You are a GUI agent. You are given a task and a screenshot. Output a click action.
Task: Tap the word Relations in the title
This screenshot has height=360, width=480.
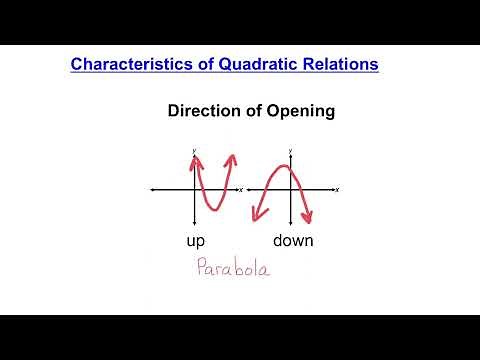pos(336,64)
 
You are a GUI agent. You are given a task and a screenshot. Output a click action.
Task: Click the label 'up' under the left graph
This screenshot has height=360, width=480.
pos(197,241)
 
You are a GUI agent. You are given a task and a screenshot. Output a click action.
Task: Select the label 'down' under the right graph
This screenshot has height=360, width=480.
pos(293,241)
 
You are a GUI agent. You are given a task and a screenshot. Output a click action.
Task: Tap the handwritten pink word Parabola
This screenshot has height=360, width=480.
pos(232,269)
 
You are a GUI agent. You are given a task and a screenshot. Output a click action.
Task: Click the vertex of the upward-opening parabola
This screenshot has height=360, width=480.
pos(213,208)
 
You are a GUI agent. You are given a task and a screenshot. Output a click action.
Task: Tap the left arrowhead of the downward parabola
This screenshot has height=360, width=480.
pos(257,218)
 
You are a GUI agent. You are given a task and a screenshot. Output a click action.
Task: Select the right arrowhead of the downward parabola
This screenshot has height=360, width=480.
pos(311,220)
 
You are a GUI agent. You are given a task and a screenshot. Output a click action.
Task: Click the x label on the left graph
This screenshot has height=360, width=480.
pos(240,188)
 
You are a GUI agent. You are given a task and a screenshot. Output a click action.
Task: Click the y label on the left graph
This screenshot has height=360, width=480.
pos(194,150)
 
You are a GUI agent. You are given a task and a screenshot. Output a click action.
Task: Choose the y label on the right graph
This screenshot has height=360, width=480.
pos(291,150)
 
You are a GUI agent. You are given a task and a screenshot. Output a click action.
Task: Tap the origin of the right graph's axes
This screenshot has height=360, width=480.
pos(291,188)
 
